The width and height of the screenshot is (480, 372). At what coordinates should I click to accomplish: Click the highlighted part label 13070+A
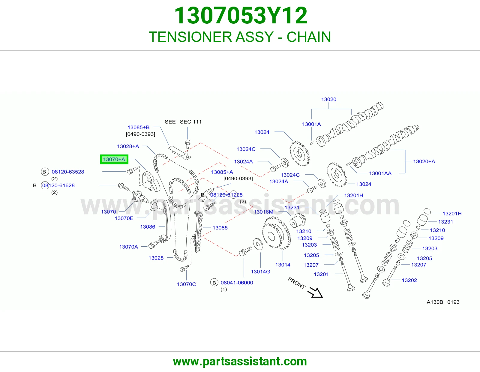tap(114, 159)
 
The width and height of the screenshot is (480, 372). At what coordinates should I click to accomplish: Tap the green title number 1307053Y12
tap(241, 16)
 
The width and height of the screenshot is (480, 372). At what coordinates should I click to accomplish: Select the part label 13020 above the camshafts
tap(329, 99)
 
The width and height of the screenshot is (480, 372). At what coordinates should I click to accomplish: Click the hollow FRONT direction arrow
tap(315, 292)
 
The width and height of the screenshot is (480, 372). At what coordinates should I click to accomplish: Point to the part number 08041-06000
tap(237, 283)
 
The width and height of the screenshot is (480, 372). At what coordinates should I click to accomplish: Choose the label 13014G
tap(260, 271)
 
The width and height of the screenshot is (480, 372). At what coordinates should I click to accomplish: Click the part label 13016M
tap(263, 212)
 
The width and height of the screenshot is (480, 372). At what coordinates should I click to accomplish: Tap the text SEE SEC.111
tap(183, 122)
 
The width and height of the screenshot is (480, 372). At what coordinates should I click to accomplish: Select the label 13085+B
tap(139, 127)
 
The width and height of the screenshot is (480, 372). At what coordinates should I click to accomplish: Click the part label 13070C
tap(186, 284)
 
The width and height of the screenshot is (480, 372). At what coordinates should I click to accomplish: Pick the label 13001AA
tap(380, 173)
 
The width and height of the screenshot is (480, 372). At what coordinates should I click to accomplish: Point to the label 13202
tap(409, 280)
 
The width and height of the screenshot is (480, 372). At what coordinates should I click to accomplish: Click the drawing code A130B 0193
tap(443, 302)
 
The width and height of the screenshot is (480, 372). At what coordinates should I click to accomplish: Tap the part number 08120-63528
tap(68, 172)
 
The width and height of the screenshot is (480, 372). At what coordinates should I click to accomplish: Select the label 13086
tap(148, 226)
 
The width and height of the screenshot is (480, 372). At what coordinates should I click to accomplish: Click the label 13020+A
tap(424, 161)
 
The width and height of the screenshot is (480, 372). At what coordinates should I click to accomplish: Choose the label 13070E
tap(124, 218)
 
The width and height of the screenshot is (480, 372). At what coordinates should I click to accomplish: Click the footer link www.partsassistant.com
tap(240, 361)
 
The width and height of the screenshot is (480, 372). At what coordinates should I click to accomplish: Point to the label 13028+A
tap(128, 146)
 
